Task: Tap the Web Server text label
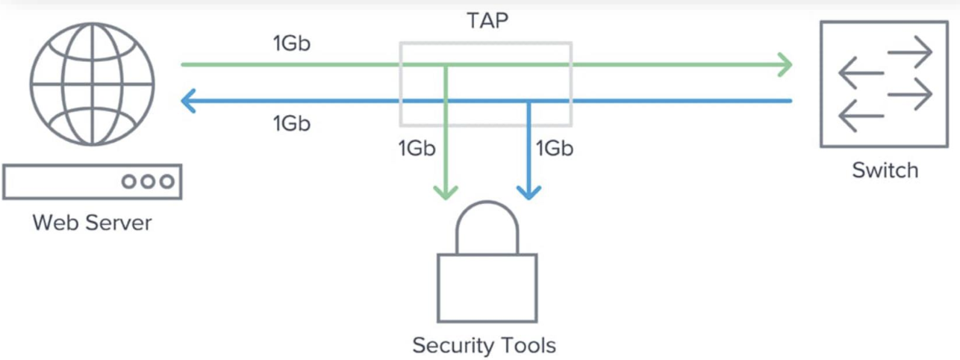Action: (92, 222)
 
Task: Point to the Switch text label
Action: (885, 170)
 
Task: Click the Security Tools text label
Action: (484, 345)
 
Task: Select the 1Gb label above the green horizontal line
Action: (292, 43)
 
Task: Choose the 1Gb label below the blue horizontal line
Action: (292, 123)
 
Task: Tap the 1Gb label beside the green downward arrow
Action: (417, 149)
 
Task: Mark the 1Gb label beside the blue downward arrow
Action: (554, 149)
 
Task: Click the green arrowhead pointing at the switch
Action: (784, 64)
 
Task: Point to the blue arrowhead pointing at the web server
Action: (189, 101)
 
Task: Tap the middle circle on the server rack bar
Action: (148, 181)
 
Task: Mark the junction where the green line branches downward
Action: (446, 65)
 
